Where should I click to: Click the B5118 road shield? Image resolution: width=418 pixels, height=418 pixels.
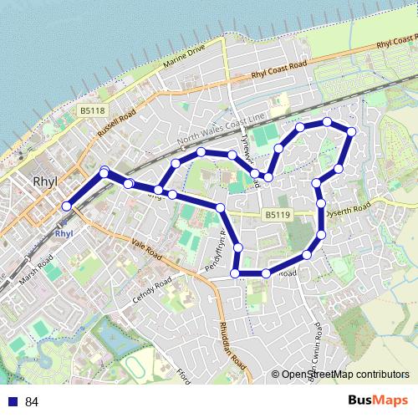pos(93,110)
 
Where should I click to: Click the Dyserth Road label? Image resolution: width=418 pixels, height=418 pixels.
pos(349,208)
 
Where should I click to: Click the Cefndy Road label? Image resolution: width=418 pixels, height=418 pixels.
pos(151,289)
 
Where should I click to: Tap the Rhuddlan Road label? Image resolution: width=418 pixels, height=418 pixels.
pos(233,344)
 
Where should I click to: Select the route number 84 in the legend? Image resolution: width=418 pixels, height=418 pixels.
pos(33,402)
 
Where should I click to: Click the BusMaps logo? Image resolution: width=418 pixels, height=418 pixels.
pos(377,401)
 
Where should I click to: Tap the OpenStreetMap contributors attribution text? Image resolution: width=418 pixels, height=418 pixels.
pos(339,375)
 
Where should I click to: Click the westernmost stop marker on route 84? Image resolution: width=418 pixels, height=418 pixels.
pos(67,206)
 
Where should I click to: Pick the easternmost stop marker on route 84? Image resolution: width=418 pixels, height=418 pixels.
pos(352,131)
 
